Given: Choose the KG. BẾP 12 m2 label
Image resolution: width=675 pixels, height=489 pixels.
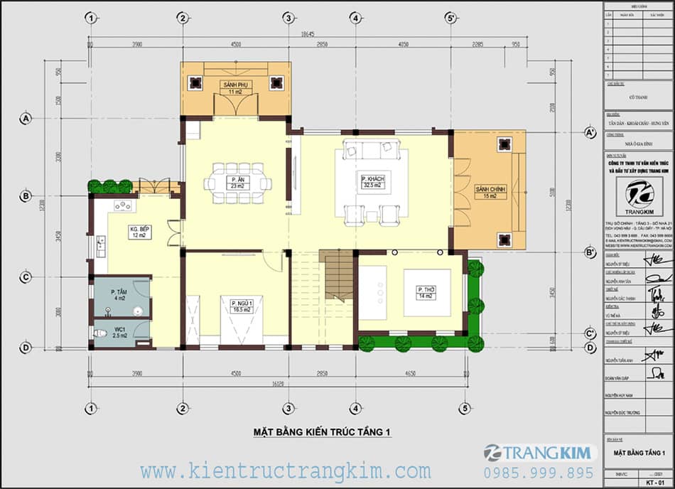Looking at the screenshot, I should point(139,232).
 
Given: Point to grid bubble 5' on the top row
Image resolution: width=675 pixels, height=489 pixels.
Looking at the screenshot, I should point(450,18).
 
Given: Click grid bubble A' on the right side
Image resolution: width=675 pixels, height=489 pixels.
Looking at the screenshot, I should point(590,133).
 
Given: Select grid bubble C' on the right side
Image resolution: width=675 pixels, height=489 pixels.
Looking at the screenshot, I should point(590,333).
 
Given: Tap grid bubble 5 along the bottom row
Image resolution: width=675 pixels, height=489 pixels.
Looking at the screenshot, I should point(465,408).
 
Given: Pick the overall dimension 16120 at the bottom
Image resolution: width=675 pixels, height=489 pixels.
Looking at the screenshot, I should point(278,382).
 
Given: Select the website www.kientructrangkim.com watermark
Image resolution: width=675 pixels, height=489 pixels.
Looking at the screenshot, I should point(285,471).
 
